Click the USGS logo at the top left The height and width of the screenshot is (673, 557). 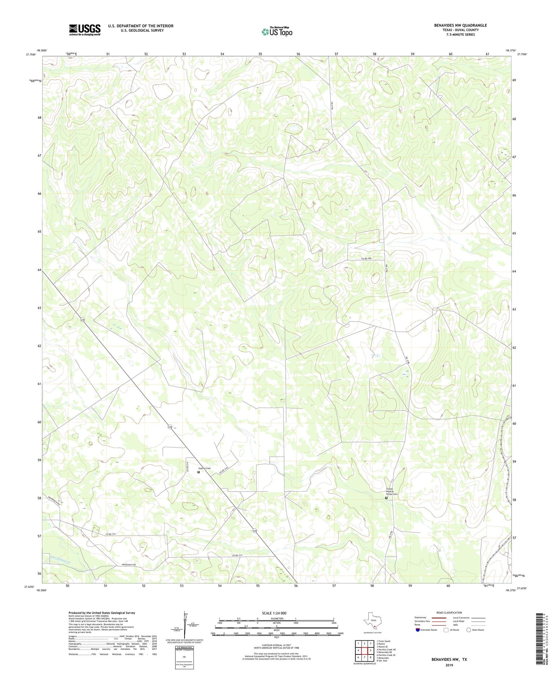coord(85,30)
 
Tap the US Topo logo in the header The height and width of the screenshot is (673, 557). coord(277,32)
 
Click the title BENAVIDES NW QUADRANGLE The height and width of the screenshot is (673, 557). coord(460,25)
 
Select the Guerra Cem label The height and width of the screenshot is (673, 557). coord(204,468)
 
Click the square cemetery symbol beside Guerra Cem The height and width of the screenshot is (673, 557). coord(198,472)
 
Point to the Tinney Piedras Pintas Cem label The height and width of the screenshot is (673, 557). coord(391,491)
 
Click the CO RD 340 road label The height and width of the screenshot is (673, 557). coord(366,258)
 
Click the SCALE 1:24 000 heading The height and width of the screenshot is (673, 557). coord(276,613)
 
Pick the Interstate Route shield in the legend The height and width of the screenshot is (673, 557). coord(418,630)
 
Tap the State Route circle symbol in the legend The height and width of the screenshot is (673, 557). coord(469,630)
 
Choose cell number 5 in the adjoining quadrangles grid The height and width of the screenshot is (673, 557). coord(370,650)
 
